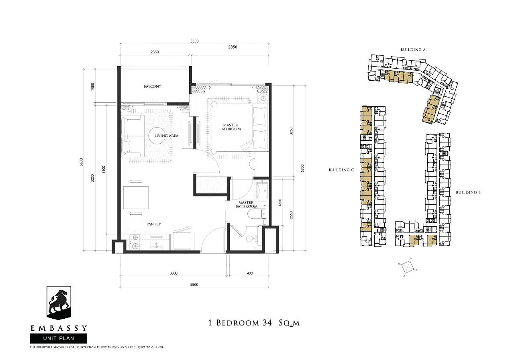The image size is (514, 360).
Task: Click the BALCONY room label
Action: tap(152, 86)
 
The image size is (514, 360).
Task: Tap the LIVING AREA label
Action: tap(166, 136)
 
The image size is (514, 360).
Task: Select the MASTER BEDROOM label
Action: tap(231, 127)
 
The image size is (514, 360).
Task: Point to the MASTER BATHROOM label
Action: tap(246, 204)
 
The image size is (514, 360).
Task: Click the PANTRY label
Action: tap(154, 224)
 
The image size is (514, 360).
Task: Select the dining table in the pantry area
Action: tap(136, 197)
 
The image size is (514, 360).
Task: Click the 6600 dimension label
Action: tap(81, 162)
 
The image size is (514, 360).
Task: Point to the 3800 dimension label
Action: tap(173, 273)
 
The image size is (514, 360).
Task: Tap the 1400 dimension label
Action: tap(249, 273)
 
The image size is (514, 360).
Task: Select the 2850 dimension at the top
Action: tap(233, 47)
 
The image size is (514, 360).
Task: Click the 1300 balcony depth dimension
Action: tap(92, 87)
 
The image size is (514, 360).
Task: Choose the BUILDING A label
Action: tap(413, 49)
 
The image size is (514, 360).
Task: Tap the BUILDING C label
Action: tap(341, 170)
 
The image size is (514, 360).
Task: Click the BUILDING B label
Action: tap(468, 192)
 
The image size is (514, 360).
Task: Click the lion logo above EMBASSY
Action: tap(59, 303)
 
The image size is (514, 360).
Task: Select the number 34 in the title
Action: tap(266, 323)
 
